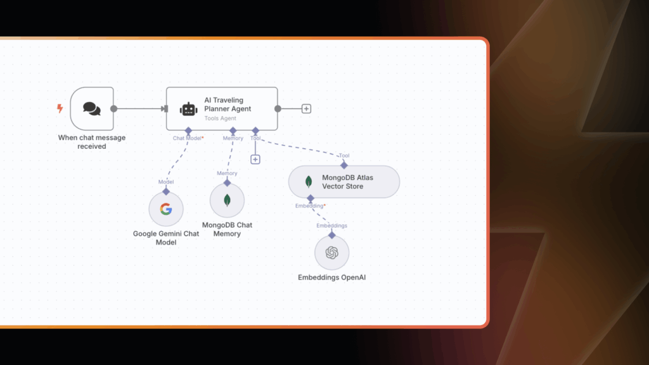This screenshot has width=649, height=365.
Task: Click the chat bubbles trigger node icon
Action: click(92, 109)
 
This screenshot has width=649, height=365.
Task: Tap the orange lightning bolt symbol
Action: click(60, 109)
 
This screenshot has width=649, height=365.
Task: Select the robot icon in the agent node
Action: click(188, 109)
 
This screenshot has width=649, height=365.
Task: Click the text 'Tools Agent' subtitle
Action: click(220, 118)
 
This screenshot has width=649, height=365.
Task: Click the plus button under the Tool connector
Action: click(255, 159)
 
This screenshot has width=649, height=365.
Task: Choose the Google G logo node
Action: click(166, 209)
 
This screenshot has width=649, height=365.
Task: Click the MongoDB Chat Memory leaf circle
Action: click(227, 201)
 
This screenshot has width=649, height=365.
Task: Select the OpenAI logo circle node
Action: click(331, 253)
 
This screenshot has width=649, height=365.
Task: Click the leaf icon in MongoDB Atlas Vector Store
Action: click(309, 182)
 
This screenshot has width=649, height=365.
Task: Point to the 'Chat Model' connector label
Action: click(187, 138)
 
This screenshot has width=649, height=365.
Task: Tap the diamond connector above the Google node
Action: click(166, 191)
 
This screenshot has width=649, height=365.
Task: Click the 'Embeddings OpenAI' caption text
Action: click(331, 278)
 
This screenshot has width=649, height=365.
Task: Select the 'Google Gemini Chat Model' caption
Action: click(166, 238)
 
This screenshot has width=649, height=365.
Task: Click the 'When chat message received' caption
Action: click(92, 142)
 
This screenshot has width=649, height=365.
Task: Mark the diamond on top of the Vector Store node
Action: click(344, 165)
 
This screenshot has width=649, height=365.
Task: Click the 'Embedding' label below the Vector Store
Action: click(309, 206)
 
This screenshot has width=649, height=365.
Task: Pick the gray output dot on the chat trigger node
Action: click(114, 108)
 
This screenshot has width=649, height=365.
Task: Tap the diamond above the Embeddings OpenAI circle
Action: click(331, 234)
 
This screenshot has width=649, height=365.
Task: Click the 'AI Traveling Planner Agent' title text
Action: click(228, 104)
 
